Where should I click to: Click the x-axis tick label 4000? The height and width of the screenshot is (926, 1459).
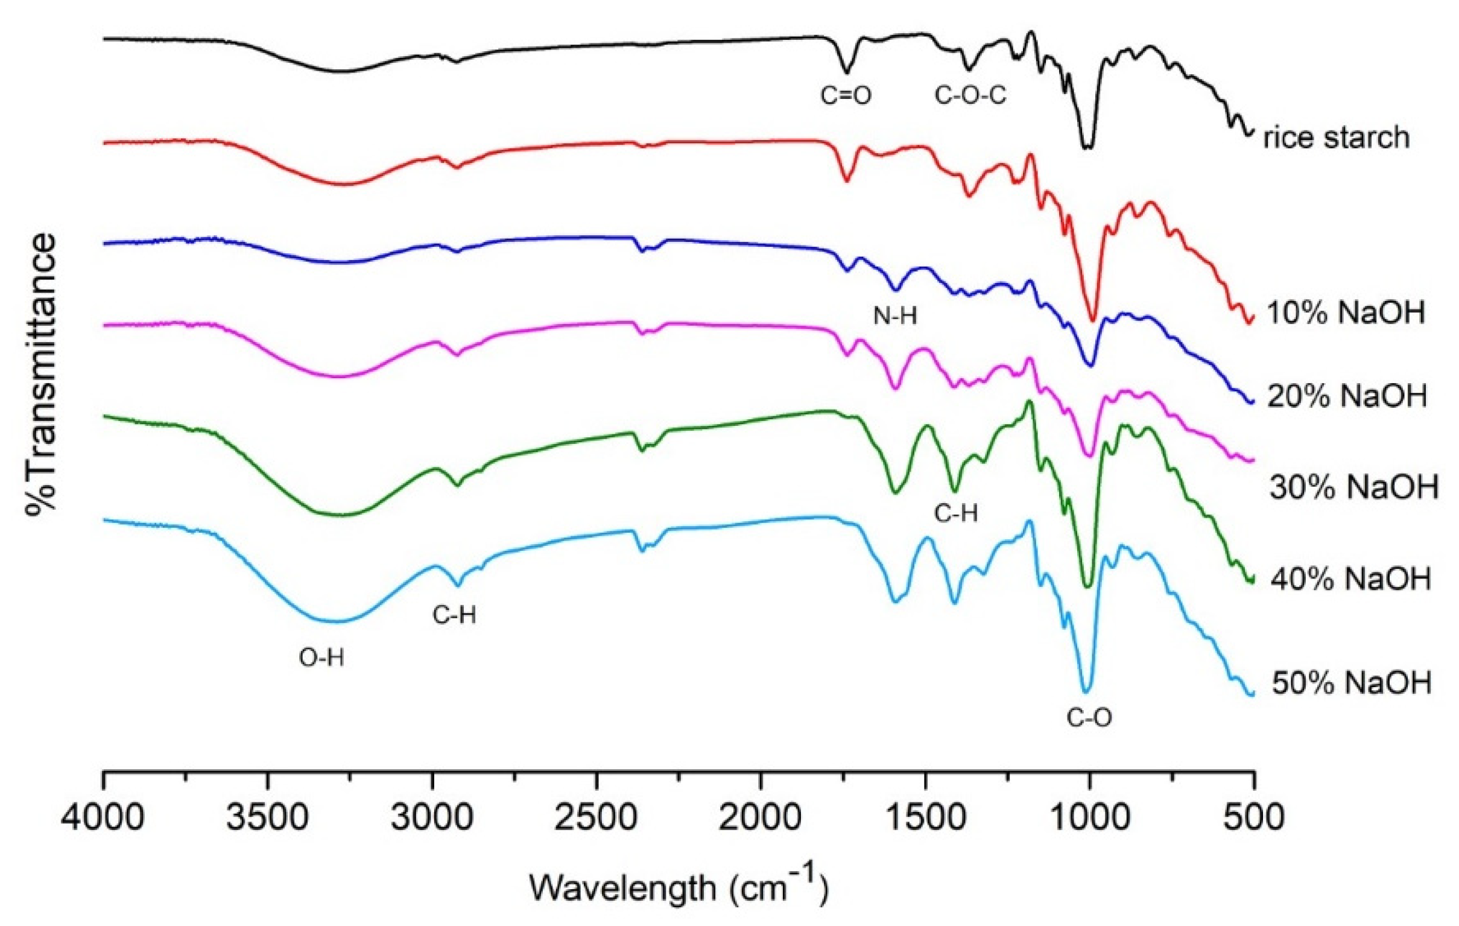103,817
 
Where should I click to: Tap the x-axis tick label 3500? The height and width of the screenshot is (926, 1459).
267,817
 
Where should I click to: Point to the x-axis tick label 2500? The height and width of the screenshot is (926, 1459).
596,817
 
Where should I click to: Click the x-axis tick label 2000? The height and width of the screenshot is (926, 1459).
761,817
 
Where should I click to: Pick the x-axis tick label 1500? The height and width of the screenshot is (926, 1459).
925,817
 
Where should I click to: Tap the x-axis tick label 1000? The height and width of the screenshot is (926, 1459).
1090,817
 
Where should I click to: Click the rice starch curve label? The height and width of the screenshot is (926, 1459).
1337,138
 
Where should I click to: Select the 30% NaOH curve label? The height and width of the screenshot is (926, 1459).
1353,487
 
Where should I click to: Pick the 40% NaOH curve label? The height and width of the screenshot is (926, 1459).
1350,579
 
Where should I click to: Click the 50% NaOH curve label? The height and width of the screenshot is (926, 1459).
1351,683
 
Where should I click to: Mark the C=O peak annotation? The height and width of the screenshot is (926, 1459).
846,96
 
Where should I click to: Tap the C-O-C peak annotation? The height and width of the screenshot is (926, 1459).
970,96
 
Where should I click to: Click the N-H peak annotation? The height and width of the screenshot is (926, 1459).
895,315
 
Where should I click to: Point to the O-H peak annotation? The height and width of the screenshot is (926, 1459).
321,658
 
